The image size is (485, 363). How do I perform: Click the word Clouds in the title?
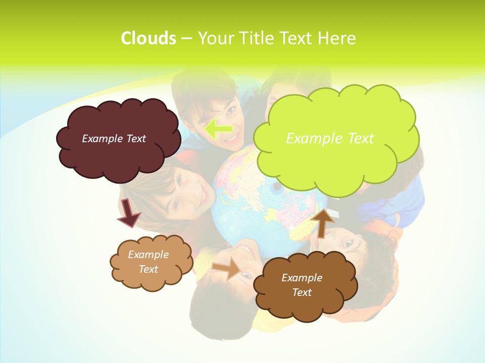click(149, 38)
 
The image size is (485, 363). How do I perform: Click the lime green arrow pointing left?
click(218, 129)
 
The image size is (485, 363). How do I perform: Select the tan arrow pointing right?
click(227, 268)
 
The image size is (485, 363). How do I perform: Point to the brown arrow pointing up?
click(323, 222)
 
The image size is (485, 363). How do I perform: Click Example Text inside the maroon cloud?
click(114, 139)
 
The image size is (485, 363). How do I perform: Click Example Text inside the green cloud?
click(330, 138)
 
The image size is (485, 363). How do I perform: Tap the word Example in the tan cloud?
click(148, 255)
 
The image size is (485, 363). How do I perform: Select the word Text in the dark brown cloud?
click(302, 292)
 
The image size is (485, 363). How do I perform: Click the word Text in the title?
click(296, 38)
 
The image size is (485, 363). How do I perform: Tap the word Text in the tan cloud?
click(148, 269)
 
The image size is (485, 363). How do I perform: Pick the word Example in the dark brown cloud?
click(302, 278)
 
